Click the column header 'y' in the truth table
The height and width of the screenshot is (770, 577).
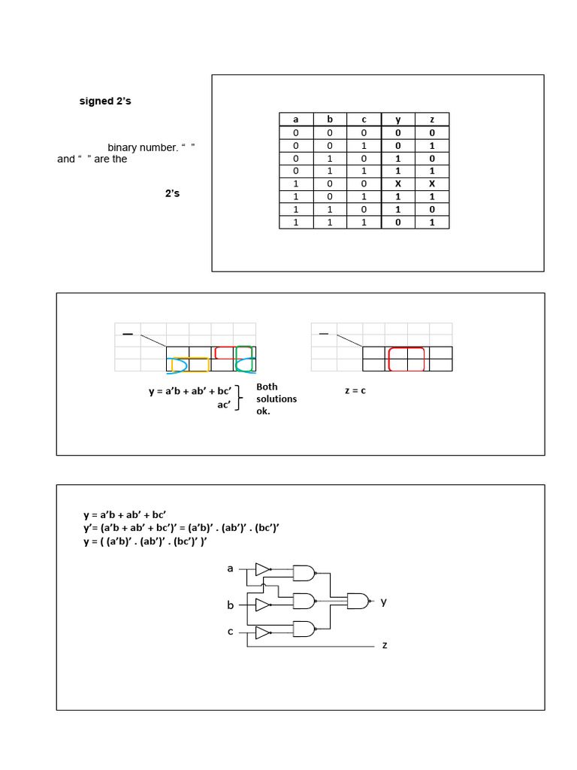point(398,120)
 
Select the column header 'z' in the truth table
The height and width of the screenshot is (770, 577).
point(432,120)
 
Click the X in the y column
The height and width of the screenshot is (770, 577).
point(398,183)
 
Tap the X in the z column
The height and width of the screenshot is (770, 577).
point(432,183)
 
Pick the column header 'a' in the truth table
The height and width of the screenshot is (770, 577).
point(296,120)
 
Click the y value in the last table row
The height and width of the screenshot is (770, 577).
point(398,223)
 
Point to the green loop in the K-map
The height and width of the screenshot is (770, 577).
point(244,353)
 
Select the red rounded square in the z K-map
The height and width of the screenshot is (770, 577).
point(406,359)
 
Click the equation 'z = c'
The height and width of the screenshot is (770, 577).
point(355,391)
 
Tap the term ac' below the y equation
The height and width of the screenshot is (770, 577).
point(224,405)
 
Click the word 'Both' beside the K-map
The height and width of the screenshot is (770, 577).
point(267,387)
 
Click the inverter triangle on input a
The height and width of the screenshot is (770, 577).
point(262,569)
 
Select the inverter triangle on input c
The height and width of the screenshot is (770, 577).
point(262,633)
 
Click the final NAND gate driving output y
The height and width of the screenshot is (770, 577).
point(358,601)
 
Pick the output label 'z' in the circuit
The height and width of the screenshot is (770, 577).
point(385,646)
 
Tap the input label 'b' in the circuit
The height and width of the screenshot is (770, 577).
point(231,605)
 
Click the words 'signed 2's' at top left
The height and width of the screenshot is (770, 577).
point(105,101)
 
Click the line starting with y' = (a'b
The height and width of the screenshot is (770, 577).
point(181,528)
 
